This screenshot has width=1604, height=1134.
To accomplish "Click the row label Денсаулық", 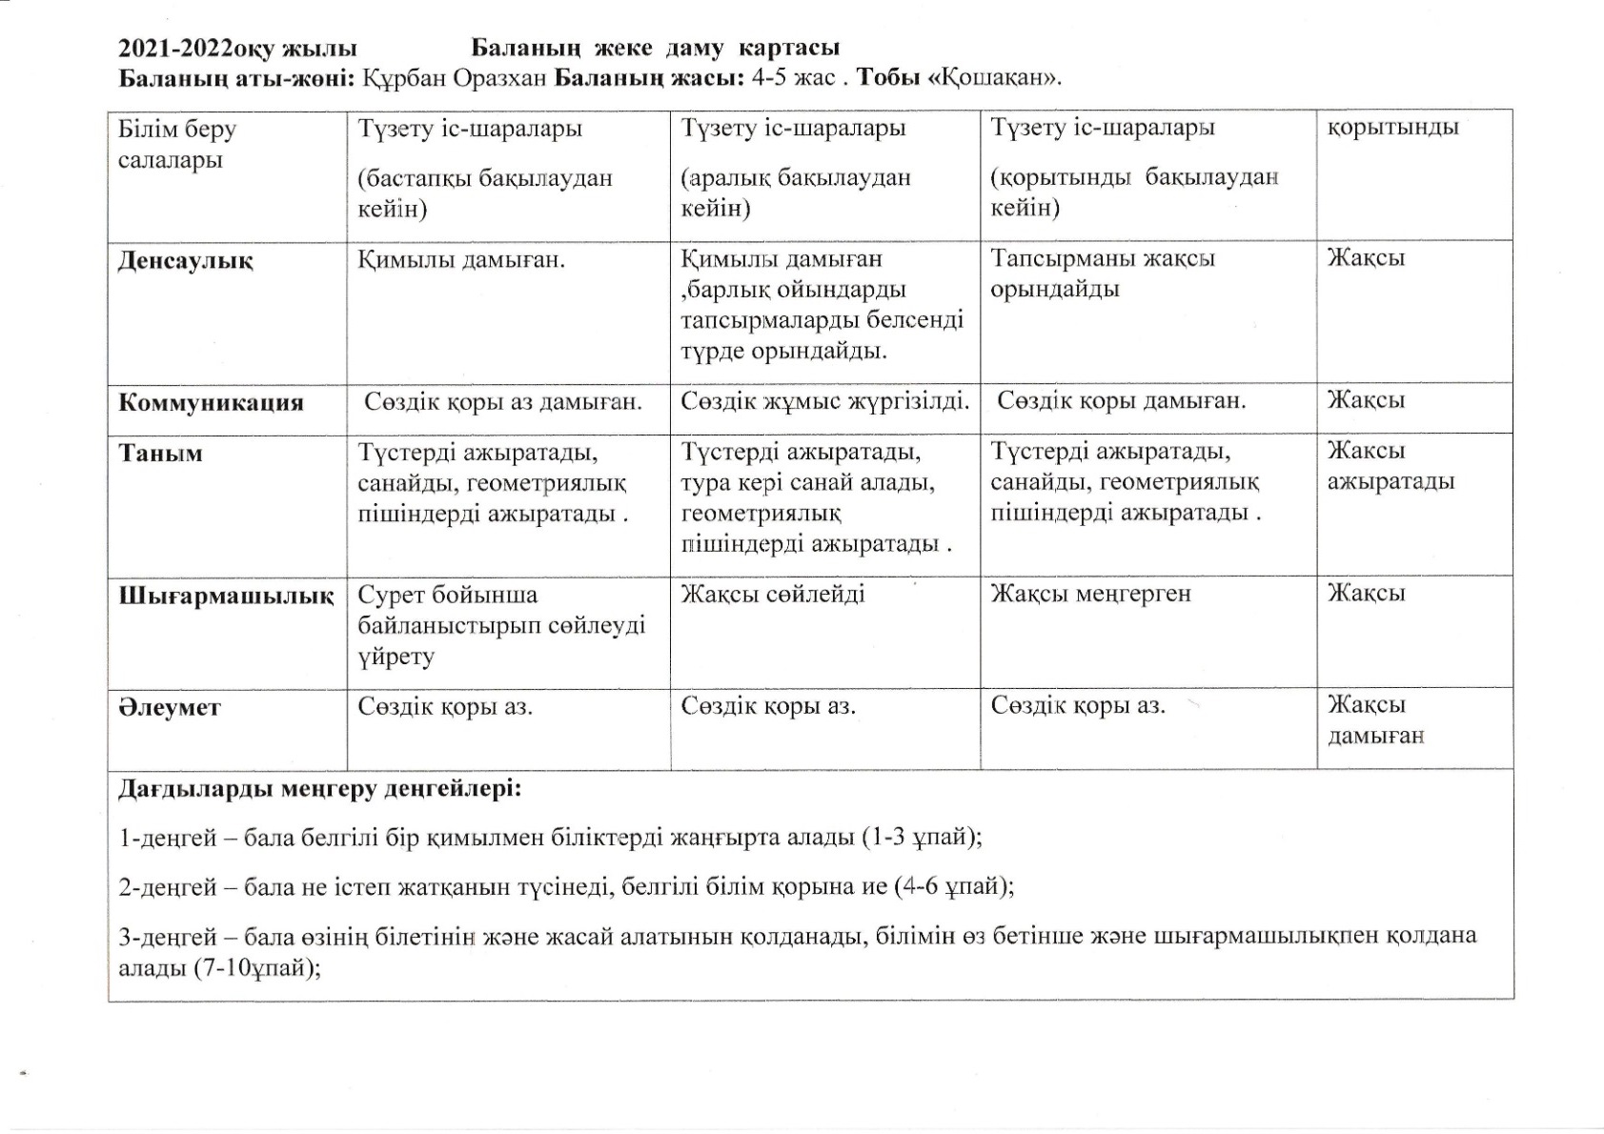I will click(x=185, y=261).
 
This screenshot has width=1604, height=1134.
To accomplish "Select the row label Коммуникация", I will click(x=211, y=402).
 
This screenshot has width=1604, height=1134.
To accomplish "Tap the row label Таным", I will click(x=160, y=453).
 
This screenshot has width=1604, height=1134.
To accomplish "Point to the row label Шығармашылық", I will click(x=226, y=597).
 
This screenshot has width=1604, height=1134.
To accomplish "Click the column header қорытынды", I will click(x=1392, y=127).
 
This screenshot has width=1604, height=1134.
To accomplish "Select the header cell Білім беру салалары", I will click(x=176, y=144).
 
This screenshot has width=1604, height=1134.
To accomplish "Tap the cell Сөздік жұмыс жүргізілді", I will click(x=824, y=401).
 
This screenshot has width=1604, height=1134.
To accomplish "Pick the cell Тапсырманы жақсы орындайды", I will click(x=1103, y=273).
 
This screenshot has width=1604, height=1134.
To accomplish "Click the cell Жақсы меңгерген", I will click(x=1090, y=594).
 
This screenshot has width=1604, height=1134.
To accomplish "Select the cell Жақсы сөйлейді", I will click(x=773, y=595).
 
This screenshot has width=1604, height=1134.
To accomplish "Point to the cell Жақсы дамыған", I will click(x=1375, y=720).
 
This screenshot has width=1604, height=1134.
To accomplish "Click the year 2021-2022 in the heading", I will click(x=177, y=49).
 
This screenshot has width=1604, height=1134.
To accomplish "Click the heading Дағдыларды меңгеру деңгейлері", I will click(x=320, y=789).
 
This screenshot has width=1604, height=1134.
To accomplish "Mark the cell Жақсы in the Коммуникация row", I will click(x=1366, y=400).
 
